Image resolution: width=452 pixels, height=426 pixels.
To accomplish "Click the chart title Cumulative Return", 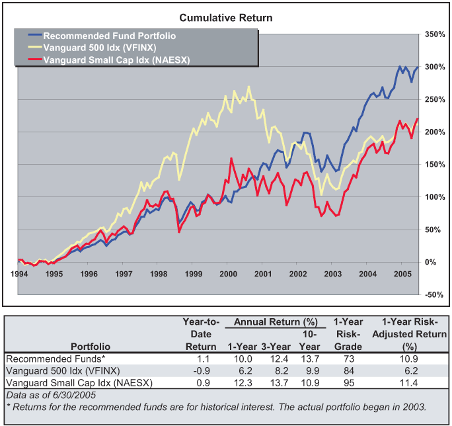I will click(x=226, y=17).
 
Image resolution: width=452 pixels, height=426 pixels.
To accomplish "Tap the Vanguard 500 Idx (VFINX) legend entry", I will click(x=105, y=48).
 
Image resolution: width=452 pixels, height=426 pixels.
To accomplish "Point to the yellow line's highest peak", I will click(x=248, y=87).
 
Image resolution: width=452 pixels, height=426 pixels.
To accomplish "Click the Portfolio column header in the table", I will click(x=91, y=345).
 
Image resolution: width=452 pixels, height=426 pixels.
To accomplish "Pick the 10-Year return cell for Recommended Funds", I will click(x=312, y=358).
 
